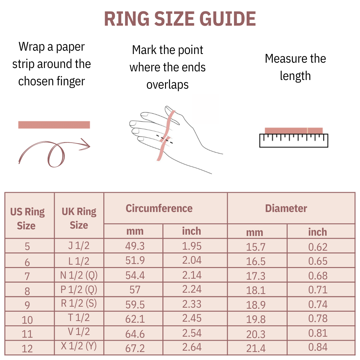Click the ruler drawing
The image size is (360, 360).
294,140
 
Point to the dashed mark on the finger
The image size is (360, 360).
165,139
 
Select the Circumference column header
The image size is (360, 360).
159,208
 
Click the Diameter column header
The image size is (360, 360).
286,208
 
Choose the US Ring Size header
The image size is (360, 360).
27,219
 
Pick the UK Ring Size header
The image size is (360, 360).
79,218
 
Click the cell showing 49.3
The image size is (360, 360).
135,246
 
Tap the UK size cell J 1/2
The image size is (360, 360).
79,246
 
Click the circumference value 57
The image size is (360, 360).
135,290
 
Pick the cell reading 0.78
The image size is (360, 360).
318,319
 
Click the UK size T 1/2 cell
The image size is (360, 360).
79,318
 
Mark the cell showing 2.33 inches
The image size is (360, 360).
192,304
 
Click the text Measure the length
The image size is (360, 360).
295,67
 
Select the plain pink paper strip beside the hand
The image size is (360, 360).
54,125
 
